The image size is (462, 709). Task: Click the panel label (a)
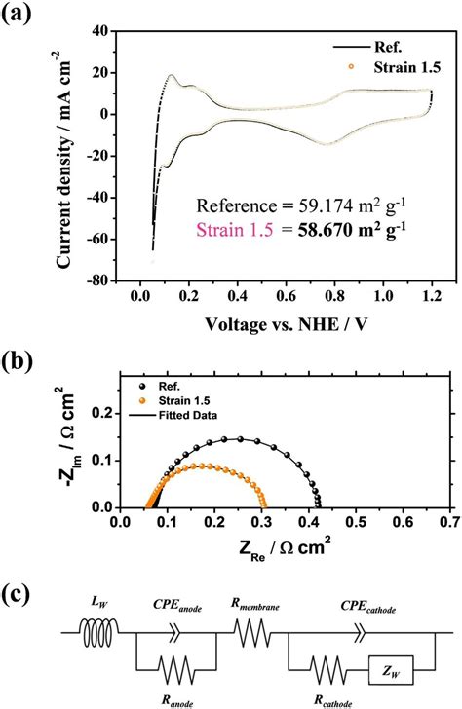point(22,15)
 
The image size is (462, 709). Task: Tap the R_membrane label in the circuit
point(255,607)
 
